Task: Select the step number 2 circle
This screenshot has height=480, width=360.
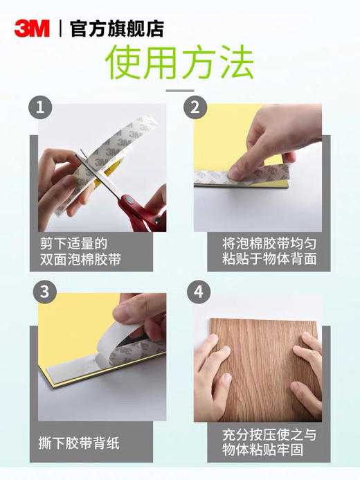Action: [195, 108]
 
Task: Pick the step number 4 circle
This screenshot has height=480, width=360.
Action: [197, 292]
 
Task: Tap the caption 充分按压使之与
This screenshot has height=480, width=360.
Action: [267, 435]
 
